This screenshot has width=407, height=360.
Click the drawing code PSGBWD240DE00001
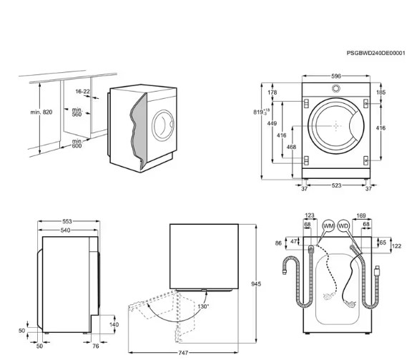tap(376, 53)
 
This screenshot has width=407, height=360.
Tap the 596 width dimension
tap(336, 76)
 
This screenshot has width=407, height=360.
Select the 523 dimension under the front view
tap(336, 185)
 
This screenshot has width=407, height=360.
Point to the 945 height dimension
tap(256, 284)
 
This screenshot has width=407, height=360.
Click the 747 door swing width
tap(183, 353)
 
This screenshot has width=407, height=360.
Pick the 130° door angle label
tap(203, 306)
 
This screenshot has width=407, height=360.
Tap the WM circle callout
tap(328, 226)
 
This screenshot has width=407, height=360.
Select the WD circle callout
tap(343, 226)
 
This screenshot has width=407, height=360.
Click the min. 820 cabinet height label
tap(41, 112)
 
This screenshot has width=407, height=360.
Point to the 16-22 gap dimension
tap(82, 92)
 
